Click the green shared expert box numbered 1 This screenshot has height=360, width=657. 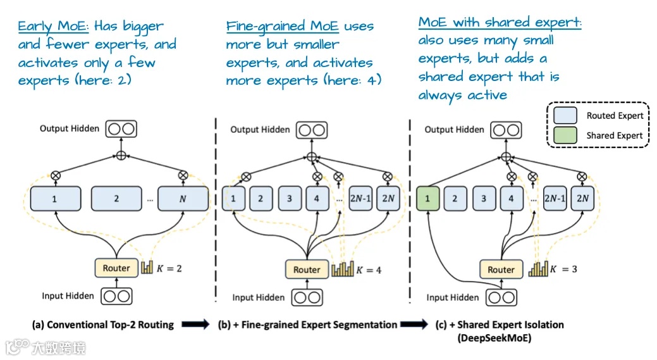click(x=428, y=198)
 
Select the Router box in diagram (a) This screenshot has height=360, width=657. click(x=116, y=268)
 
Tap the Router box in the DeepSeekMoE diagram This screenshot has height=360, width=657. click(x=501, y=270)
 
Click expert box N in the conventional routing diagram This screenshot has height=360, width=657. click(x=183, y=199)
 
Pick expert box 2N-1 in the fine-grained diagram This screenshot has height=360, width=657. click(x=360, y=198)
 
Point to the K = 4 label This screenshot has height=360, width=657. click(x=369, y=270)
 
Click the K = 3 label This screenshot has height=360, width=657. click(x=563, y=269)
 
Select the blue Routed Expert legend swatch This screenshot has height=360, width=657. click(x=565, y=115)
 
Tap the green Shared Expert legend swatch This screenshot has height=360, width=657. click(x=565, y=135)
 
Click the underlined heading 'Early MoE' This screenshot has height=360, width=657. click(x=53, y=27)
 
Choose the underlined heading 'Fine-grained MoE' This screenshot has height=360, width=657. click(x=282, y=27)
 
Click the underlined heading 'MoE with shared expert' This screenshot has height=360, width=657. click(x=500, y=22)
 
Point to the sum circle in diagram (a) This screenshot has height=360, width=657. click(x=121, y=156)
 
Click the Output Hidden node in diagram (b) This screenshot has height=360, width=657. click(x=312, y=130)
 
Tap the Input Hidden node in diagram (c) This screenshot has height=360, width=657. click(x=501, y=297)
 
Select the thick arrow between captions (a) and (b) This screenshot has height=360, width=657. click(x=195, y=324)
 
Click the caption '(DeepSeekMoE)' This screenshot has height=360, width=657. click(x=494, y=338)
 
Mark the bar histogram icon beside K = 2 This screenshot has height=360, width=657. click(x=147, y=268)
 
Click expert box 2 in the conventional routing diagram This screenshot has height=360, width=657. click(x=116, y=199)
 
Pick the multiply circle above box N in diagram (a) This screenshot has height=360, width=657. click(x=183, y=175)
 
